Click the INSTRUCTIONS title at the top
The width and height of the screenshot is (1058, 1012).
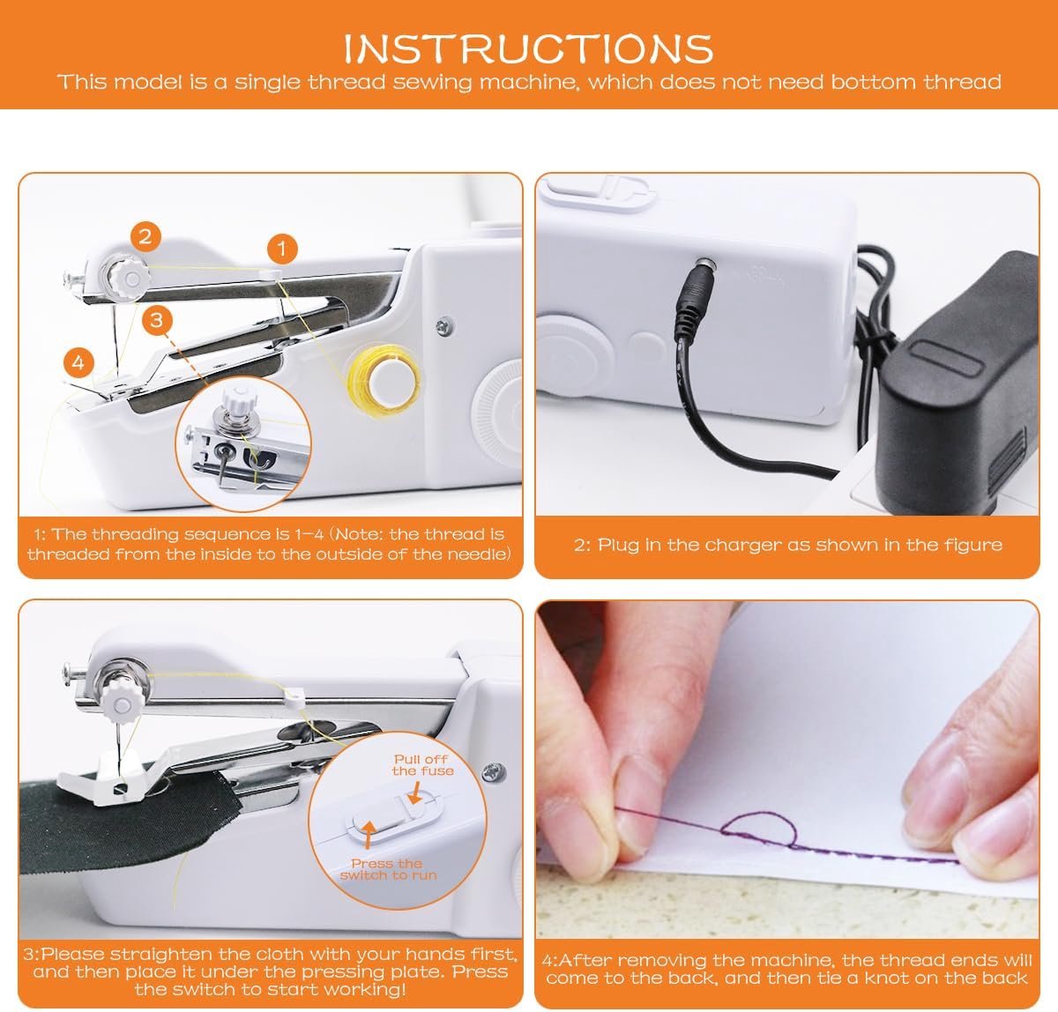tap(528, 48)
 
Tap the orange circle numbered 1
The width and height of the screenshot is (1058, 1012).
tap(281, 249)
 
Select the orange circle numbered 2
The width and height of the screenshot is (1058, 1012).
tap(145, 236)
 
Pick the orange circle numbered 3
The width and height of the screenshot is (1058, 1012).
tap(157, 320)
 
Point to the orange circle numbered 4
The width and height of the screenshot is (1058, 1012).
tap(78, 362)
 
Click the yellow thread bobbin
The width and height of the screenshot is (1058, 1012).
tap(385, 378)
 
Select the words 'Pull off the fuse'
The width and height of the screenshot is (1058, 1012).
tap(422, 764)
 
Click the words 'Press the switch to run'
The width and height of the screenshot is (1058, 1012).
tap(388, 869)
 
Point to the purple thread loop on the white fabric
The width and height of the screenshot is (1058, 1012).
tap(758, 829)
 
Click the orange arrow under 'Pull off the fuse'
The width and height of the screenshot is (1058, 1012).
tap(415, 792)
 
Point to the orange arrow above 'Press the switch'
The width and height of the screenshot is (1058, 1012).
tap(369, 834)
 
